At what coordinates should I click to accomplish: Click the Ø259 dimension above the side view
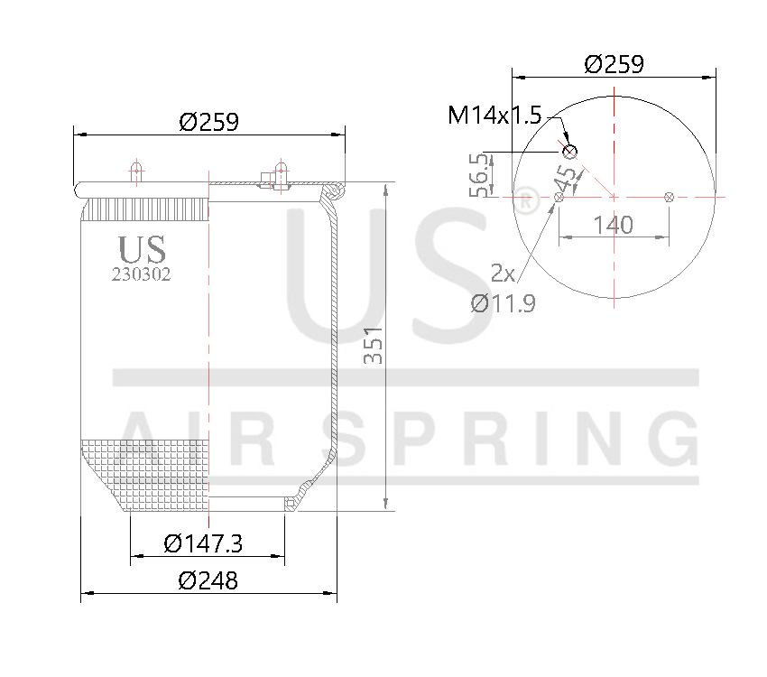[208, 122]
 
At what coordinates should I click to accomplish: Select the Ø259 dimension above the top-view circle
[614, 64]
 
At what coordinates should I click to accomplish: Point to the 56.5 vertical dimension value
[479, 174]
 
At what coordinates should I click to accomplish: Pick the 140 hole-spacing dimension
[614, 224]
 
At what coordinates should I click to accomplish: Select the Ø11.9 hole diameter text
[503, 303]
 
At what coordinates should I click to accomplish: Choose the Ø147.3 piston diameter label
[208, 543]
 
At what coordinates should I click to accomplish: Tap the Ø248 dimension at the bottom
[208, 580]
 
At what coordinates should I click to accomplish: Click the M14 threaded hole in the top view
[570, 151]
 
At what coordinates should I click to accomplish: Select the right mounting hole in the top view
[669, 196]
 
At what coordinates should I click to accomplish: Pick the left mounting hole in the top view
[559, 196]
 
